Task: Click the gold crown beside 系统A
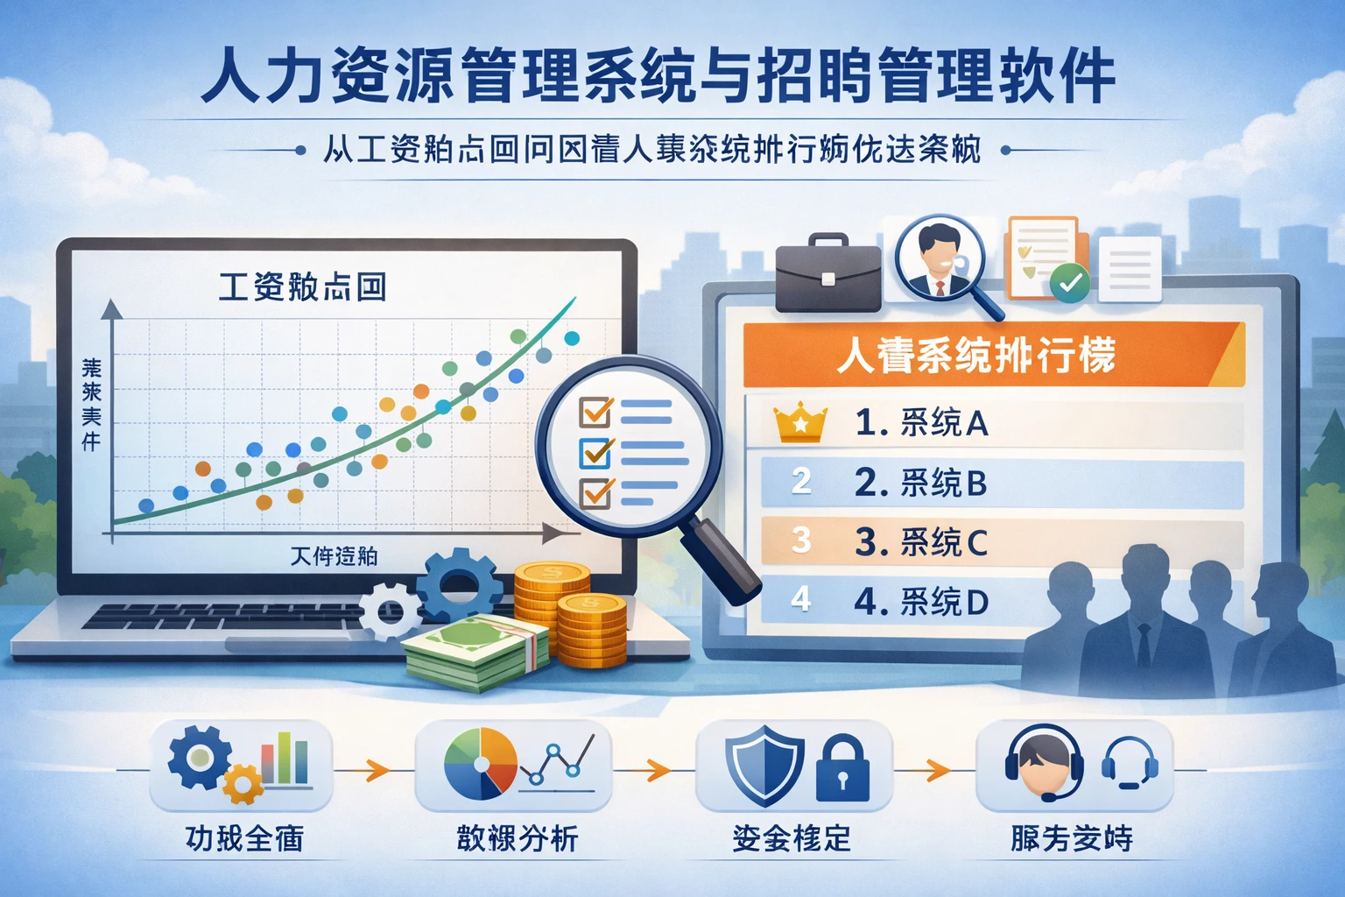click(x=800, y=423)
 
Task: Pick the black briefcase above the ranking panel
click(x=827, y=273)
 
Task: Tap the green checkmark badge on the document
click(x=1069, y=282)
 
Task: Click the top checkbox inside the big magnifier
click(x=596, y=411)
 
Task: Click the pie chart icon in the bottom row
click(x=481, y=764)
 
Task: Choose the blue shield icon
click(x=764, y=765)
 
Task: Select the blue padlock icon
click(x=842, y=768)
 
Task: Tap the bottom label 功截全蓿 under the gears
click(x=244, y=838)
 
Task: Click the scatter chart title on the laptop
click(x=302, y=287)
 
